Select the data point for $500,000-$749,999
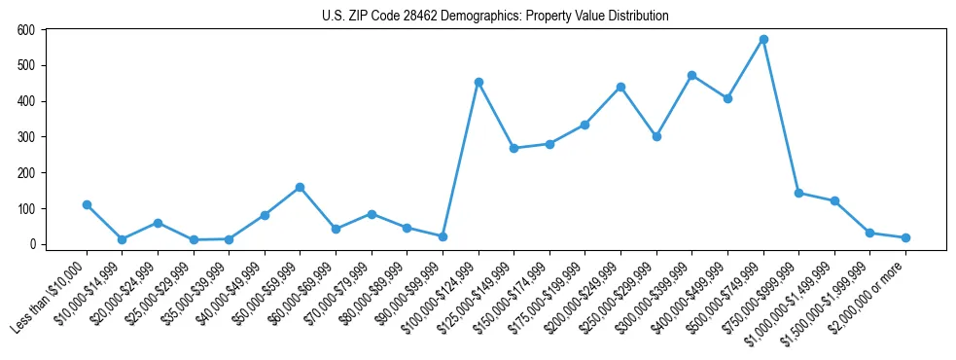click(763, 40)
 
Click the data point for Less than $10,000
click(87, 204)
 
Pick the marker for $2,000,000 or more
click(905, 237)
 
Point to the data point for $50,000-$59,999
click(300, 187)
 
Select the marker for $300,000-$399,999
click(691, 75)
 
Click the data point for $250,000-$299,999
click(656, 136)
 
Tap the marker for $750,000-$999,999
click(798, 193)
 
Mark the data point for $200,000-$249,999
click(620, 87)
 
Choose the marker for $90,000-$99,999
click(443, 236)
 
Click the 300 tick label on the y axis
click(25, 137)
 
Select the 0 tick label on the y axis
click(32, 244)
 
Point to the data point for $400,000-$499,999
click(727, 98)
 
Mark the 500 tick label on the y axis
click(25, 65)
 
